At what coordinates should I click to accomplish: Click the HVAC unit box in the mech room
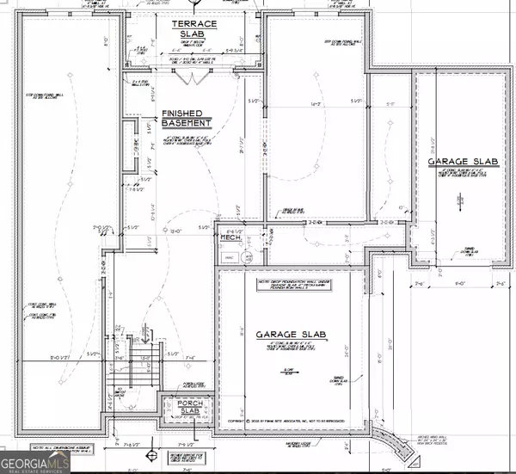229,256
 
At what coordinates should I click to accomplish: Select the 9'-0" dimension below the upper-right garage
460,280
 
